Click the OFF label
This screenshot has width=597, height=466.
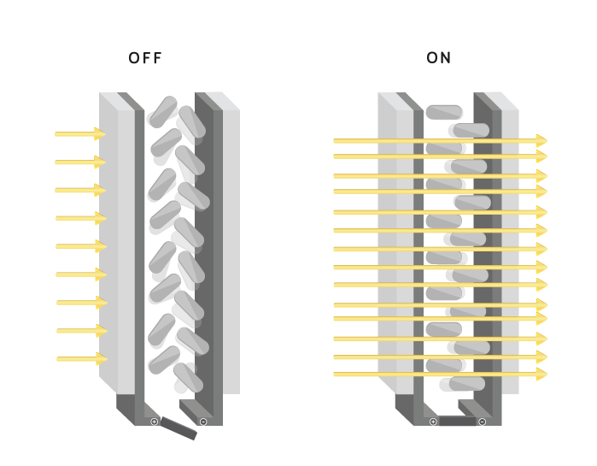[x=145, y=58]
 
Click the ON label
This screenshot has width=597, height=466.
[x=439, y=58]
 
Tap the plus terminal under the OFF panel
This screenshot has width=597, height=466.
[x=155, y=422]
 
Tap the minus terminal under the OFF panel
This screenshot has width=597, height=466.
[x=203, y=422]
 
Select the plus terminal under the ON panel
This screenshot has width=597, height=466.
[x=433, y=422]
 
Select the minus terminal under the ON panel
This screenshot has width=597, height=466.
[x=483, y=422]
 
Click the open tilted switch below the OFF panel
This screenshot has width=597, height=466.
[x=179, y=428]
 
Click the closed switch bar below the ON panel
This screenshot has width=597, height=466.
[x=458, y=422]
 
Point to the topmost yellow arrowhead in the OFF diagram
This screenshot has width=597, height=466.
[x=100, y=134]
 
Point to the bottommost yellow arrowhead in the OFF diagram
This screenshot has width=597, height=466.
[x=101, y=359]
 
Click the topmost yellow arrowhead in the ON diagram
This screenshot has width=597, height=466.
[x=541, y=140]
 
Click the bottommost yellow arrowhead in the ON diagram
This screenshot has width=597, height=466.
[x=541, y=375]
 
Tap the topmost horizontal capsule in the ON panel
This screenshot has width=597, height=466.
[x=444, y=112]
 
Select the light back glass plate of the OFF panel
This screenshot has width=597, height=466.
[x=231, y=248]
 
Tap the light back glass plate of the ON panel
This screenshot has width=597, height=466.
[x=510, y=248]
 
